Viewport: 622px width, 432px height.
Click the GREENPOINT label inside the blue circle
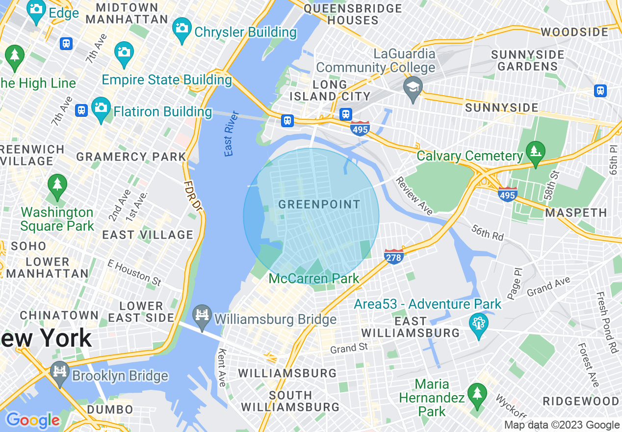(319, 205)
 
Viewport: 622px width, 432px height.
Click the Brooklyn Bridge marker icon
(60, 373)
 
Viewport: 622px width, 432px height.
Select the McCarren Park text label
(314, 279)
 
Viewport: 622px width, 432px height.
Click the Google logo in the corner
(33, 420)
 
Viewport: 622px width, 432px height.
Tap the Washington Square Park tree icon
(57, 186)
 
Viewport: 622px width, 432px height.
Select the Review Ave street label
(415, 196)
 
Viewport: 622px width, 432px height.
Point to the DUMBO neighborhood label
(110, 409)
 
